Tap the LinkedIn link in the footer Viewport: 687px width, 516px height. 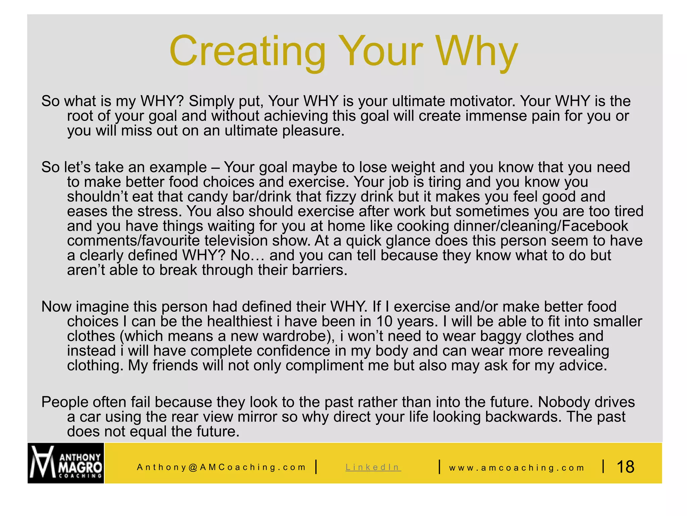[373, 467]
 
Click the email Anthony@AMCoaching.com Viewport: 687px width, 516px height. [221, 467]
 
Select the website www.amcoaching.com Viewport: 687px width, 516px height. [517, 468]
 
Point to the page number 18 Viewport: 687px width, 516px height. [625, 467]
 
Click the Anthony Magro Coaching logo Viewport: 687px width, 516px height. [66, 463]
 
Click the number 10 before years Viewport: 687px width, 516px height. [384, 321]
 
